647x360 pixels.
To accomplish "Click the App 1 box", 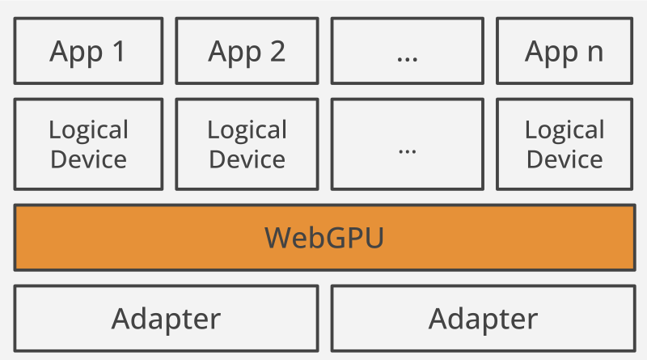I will click(88, 52).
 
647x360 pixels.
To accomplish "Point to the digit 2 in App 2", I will click(277, 52).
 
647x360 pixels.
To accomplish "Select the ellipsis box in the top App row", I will click(407, 52).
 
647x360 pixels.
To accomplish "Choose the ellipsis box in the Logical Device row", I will click(407, 145).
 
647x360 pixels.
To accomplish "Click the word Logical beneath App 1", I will click(88, 130).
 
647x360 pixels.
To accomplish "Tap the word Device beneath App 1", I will click(88, 159).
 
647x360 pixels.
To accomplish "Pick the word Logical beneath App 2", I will click(247, 130).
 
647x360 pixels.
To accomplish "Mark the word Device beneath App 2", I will click(247, 159).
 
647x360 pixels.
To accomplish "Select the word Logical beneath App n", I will click(565, 130).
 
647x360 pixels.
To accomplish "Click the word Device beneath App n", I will click(565, 159).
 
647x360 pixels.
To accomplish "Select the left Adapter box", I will click(166, 318).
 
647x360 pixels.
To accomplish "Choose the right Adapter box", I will click(483, 318).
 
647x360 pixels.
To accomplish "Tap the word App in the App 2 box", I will click(235, 53).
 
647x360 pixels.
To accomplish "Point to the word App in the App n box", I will click(552, 53).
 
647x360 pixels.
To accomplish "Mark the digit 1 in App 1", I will click(118, 52).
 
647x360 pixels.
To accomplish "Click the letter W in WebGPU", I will click(279, 237).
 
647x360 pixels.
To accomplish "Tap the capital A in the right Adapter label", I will click(439, 318).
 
